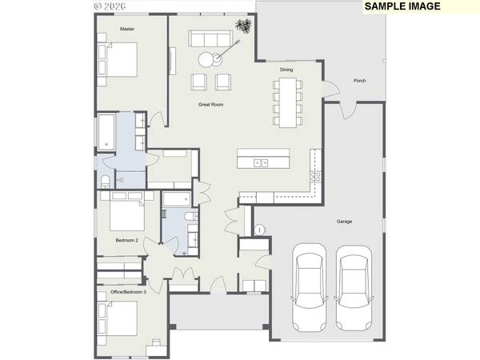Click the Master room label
coord(127,29)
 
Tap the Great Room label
coord(211,105)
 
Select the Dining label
coord(286,70)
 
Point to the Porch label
coord(359,80)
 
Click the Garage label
coord(344,222)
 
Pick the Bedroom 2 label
coord(127,240)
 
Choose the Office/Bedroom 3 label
coord(129,292)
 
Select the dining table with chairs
coord(286,102)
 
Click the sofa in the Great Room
coord(208,39)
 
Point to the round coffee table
coord(207,58)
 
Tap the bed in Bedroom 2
coord(120,215)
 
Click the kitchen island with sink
coord(263,159)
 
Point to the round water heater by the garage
coord(259,230)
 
